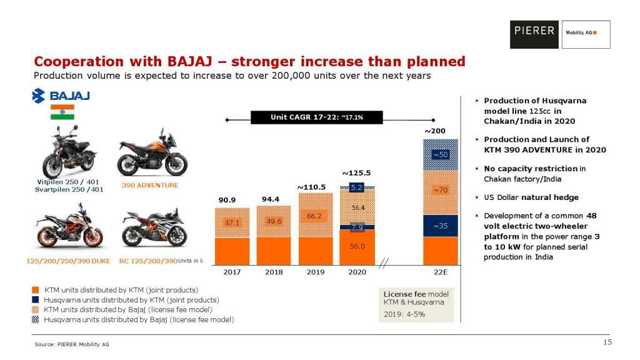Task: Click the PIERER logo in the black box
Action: pos(534,31)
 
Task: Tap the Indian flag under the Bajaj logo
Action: pos(62,112)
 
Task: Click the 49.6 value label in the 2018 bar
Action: pos(274,221)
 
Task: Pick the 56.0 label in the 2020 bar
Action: pos(357,246)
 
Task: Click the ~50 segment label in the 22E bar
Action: pos(441,154)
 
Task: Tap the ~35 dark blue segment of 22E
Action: pos(441,226)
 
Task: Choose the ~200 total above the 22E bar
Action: pos(435,131)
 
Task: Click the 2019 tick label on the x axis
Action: pos(315,272)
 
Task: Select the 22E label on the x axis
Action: pos(441,272)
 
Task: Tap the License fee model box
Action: pos(416,304)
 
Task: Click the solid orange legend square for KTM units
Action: pos(36,291)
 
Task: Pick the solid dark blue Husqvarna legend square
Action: pos(36,300)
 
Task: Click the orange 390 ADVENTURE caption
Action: pos(149,185)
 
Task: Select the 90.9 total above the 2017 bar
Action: pos(227,200)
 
